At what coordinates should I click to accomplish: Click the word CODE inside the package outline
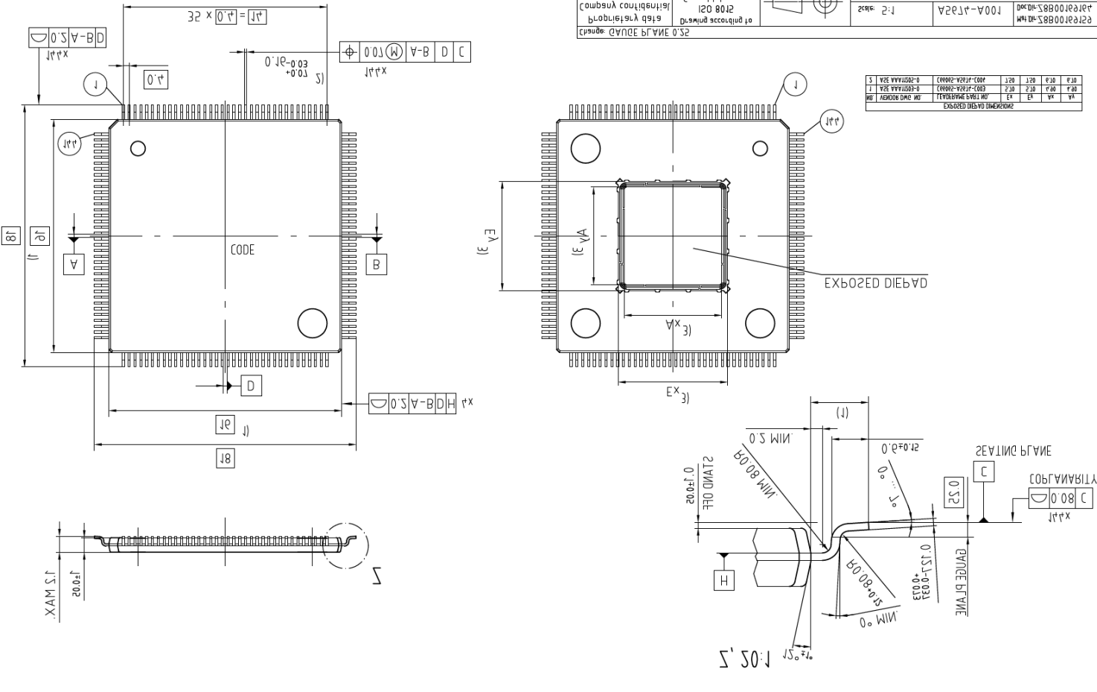click(242, 250)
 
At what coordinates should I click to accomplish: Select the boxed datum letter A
click(74, 264)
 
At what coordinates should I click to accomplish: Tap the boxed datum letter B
click(377, 264)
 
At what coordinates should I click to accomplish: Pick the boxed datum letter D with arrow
click(251, 385)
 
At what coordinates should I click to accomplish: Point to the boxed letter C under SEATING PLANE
click(984, 472)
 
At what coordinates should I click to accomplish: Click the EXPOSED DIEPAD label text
click(875, 284)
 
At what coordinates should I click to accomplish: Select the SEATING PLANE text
click(1013, 451)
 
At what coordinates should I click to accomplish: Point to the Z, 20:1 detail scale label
click(745, 658)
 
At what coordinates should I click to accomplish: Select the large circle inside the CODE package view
click(312, 323)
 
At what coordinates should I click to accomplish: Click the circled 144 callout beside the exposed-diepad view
click(831, 121)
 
